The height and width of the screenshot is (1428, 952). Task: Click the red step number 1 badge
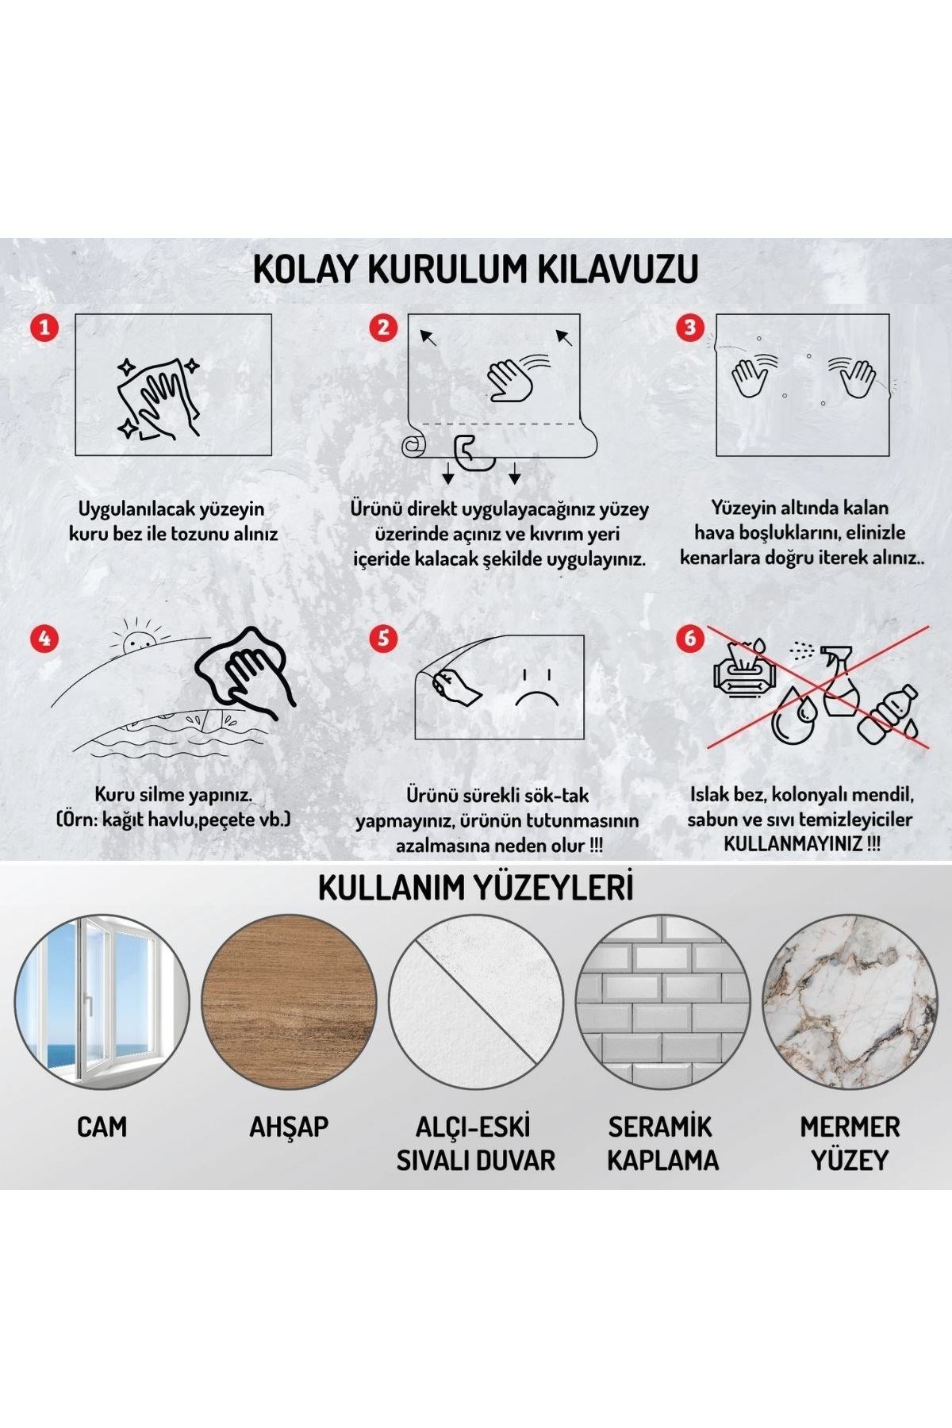tap(44, 327)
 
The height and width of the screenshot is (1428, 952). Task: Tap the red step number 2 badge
tap(384, 327)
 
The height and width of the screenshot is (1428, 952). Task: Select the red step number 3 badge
tap(690, 327)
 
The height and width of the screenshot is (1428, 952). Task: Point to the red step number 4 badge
tap(44, 638)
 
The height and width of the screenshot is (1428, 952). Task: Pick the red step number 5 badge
tap(384, 638)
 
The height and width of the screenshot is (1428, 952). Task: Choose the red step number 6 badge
tap(690, 638)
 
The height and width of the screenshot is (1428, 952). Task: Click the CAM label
tap(102, 1127)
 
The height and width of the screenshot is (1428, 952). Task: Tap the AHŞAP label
tap(289, 1127)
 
